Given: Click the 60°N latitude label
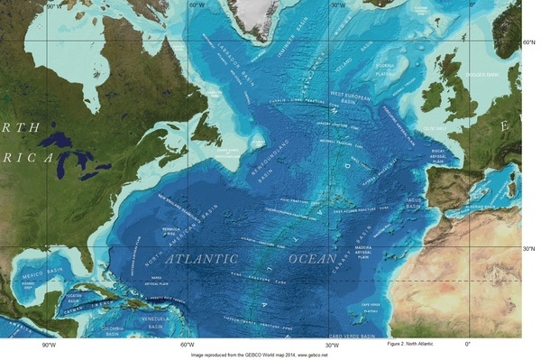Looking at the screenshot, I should tap(529, 42).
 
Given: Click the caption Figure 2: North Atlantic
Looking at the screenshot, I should tap(419, 345).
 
